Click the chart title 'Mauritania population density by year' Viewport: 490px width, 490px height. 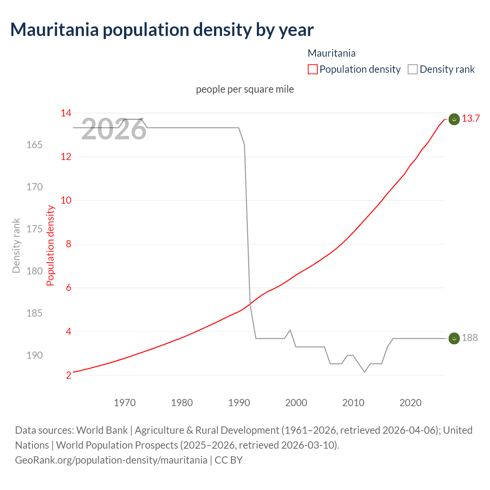162,30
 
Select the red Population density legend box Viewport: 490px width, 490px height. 312,69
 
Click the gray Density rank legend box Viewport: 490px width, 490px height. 412,69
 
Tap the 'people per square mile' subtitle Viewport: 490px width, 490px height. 245,89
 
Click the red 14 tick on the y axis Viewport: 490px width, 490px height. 66,113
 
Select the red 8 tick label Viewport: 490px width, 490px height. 69,244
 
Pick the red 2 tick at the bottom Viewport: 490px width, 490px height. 69,375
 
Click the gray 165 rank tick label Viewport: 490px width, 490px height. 34,145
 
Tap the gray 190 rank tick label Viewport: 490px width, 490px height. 34,355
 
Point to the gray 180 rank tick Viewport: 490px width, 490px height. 34,271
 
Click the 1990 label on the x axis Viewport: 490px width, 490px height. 239,403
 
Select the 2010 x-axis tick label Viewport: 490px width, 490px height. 353,403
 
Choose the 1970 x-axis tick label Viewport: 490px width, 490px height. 125,403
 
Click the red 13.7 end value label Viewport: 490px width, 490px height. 470,119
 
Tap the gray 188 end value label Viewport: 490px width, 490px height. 470,338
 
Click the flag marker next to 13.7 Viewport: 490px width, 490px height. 454,119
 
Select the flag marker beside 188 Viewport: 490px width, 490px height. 454,338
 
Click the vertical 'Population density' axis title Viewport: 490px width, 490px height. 51,245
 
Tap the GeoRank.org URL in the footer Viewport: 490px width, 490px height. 111,460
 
